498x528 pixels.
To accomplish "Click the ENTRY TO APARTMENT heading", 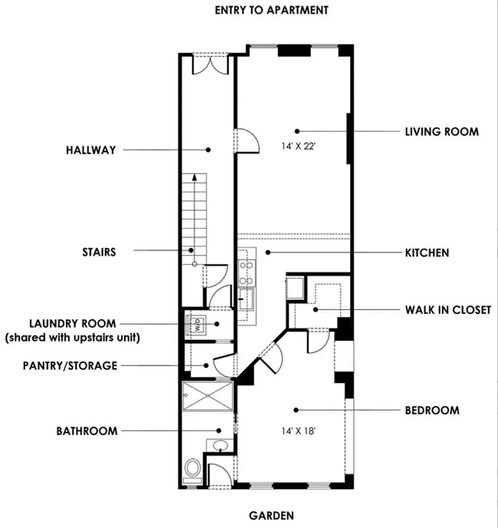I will [271, 10].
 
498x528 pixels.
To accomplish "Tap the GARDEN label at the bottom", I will [271, 515].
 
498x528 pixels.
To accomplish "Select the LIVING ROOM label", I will [441, 131].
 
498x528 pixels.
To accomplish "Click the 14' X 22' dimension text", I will [297, 147].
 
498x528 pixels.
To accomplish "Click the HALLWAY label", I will [90, 150].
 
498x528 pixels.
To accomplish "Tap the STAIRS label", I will [100, 251].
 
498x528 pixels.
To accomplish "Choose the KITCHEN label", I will [427, 252].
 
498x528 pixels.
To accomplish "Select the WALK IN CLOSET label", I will [448, 309].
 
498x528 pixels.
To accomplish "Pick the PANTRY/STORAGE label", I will [69, 365].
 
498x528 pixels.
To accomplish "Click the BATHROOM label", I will [87, 431].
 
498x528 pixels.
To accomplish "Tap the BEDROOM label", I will [431, 410].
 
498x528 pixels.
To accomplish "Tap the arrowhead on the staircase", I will [195, 177].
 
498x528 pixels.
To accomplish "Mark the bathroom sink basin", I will [221, 445].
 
